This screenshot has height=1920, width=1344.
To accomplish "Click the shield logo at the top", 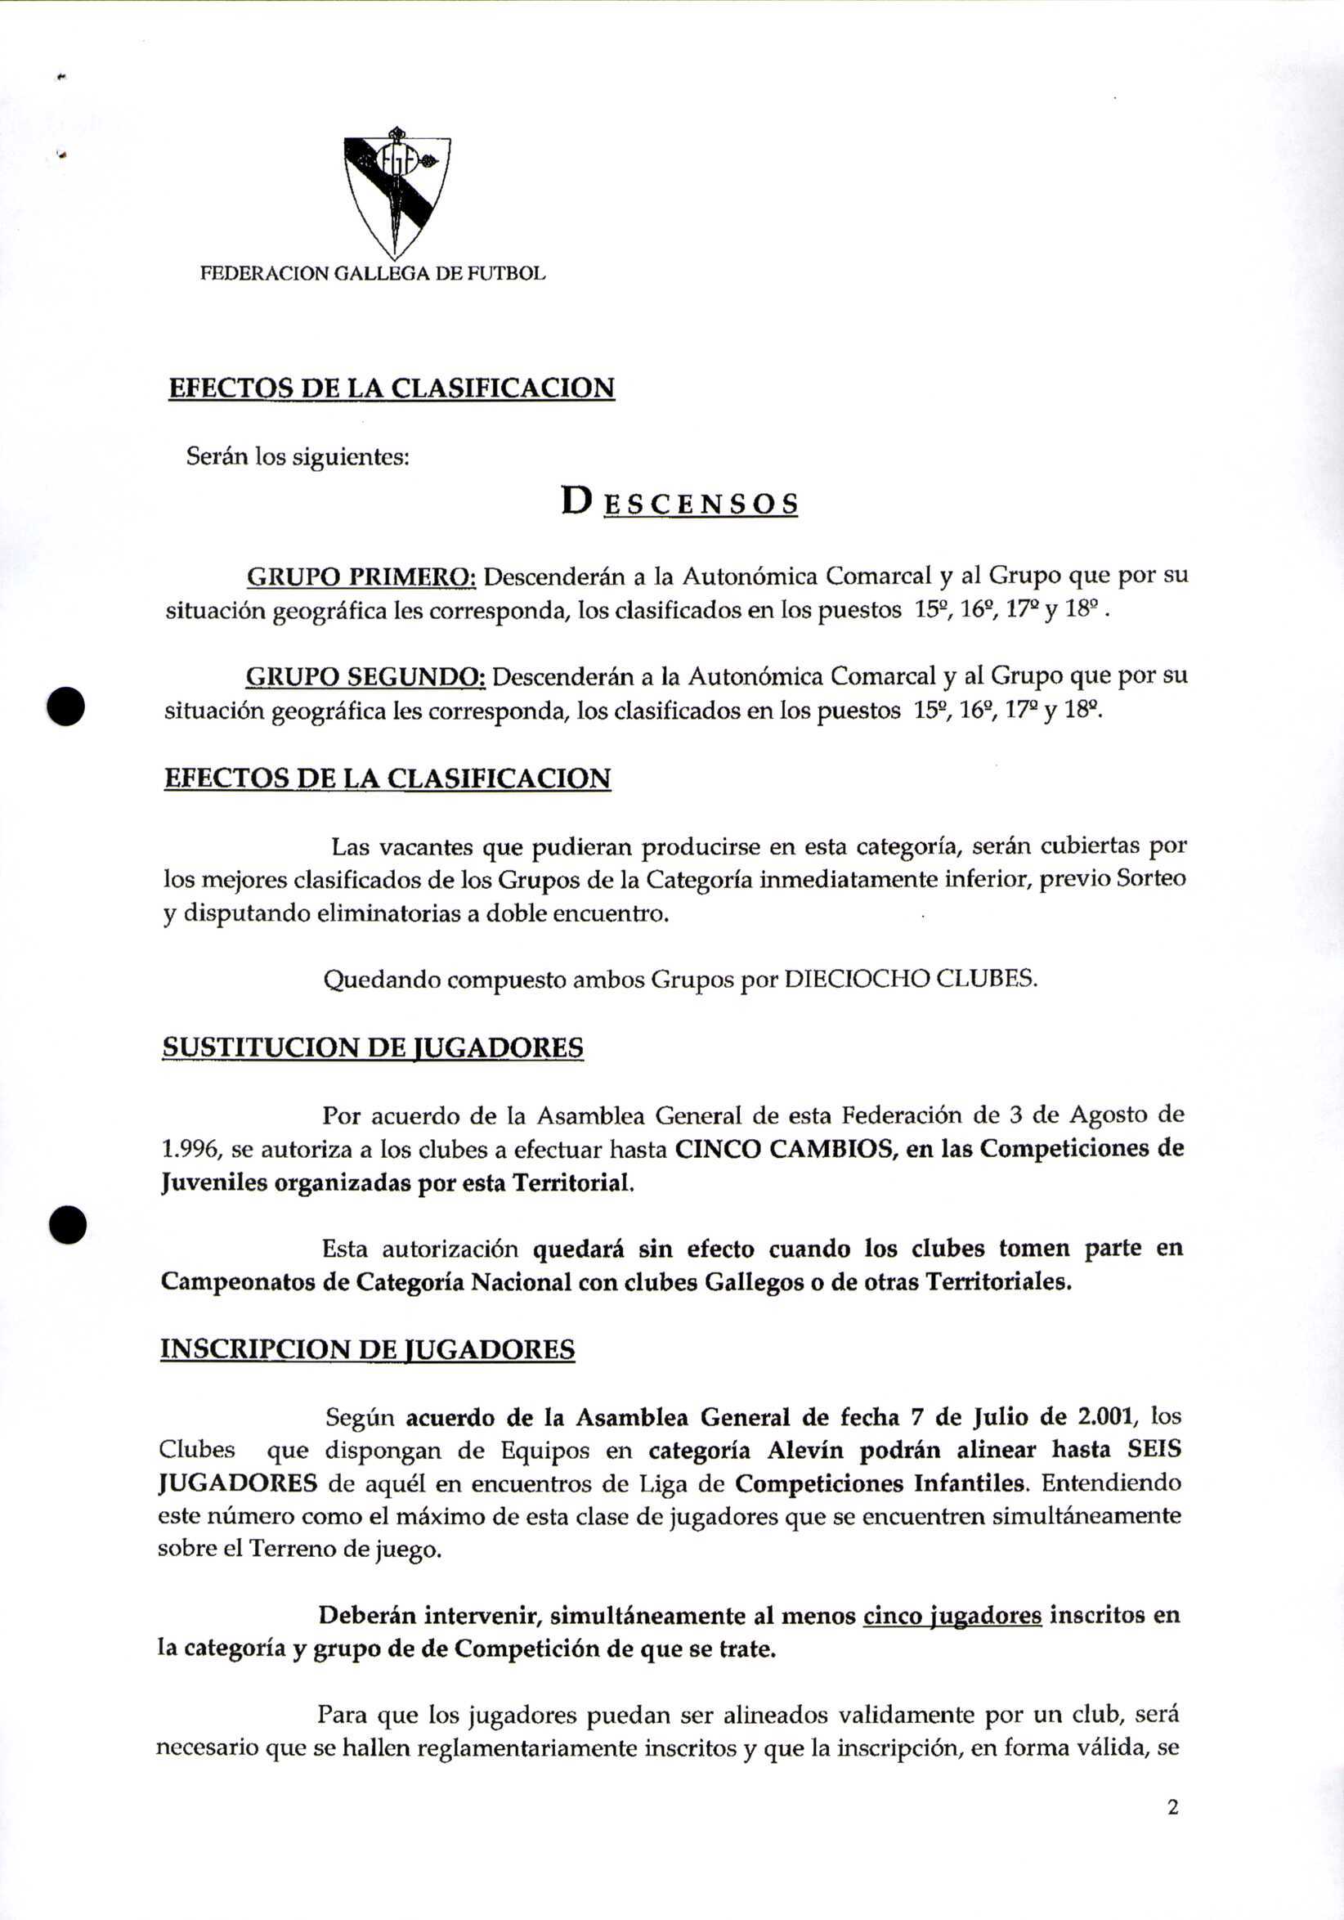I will point(397,194).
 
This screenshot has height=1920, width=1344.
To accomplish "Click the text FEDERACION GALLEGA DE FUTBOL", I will point(373,273).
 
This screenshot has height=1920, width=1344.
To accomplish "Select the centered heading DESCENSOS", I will point(679,503).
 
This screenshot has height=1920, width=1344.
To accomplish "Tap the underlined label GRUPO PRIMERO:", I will point(361,577).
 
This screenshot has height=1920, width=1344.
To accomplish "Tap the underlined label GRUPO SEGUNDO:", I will point(365,675).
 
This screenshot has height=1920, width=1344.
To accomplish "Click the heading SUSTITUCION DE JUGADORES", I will point(373,1047).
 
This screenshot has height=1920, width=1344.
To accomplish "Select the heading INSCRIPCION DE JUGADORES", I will point(368,1350).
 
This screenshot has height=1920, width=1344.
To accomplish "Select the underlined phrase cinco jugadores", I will point(952,1615).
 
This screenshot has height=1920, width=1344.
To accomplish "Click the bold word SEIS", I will point(1154,1450).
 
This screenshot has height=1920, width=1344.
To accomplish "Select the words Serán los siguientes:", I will point(297,457).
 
